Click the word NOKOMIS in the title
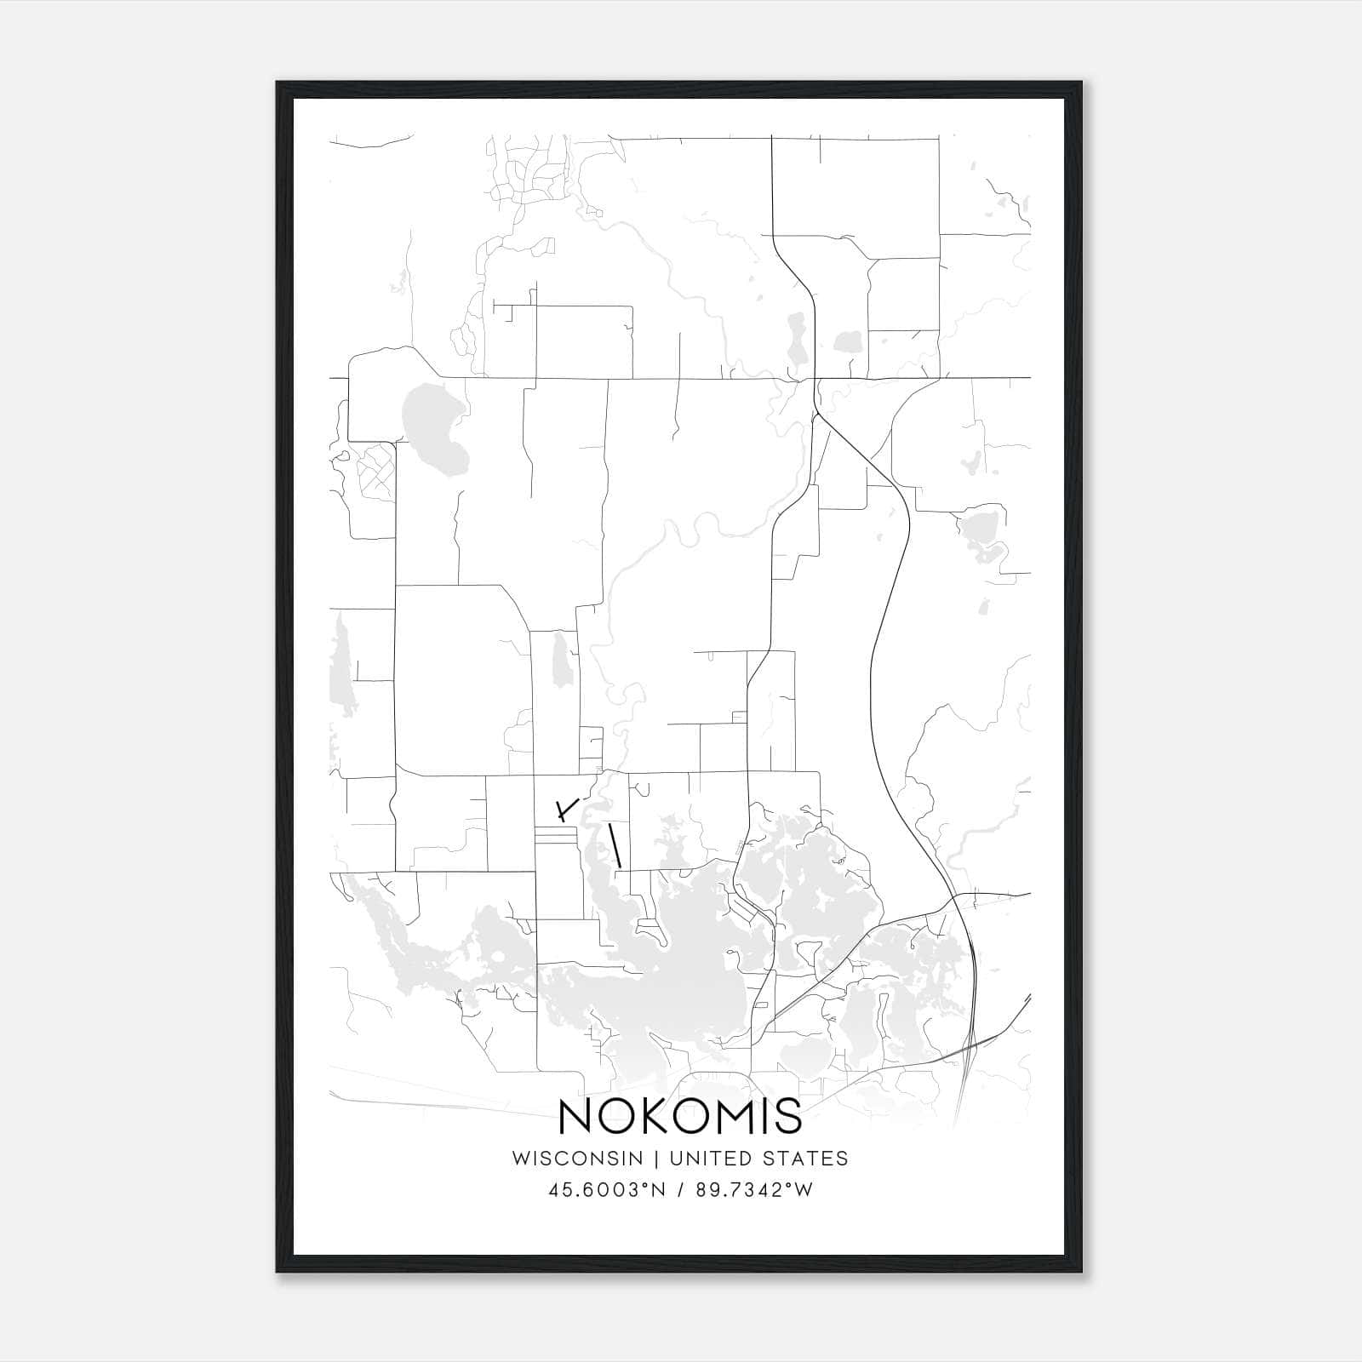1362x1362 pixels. (680, 1116)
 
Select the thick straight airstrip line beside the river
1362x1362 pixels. (615, 846)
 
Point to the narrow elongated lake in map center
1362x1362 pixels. (562, 660)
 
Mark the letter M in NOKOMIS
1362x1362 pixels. (735, 1116)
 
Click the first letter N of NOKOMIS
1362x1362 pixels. (576, 1116)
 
